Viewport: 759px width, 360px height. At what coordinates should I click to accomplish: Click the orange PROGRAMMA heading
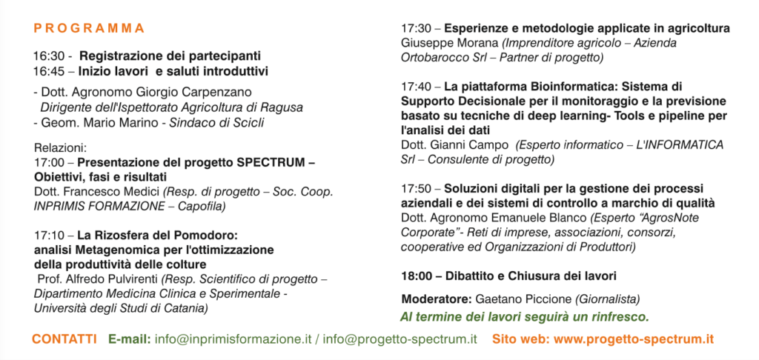coord(89,29)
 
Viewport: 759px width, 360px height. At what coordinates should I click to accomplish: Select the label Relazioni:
coord(60,147)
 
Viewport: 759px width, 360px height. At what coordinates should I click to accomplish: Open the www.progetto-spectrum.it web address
coord(634,339)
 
